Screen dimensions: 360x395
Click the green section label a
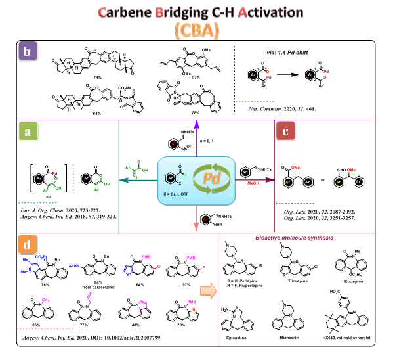(29, 134)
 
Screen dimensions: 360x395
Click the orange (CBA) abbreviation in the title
(197, 30)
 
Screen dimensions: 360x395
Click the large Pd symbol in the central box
(197, 176)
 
